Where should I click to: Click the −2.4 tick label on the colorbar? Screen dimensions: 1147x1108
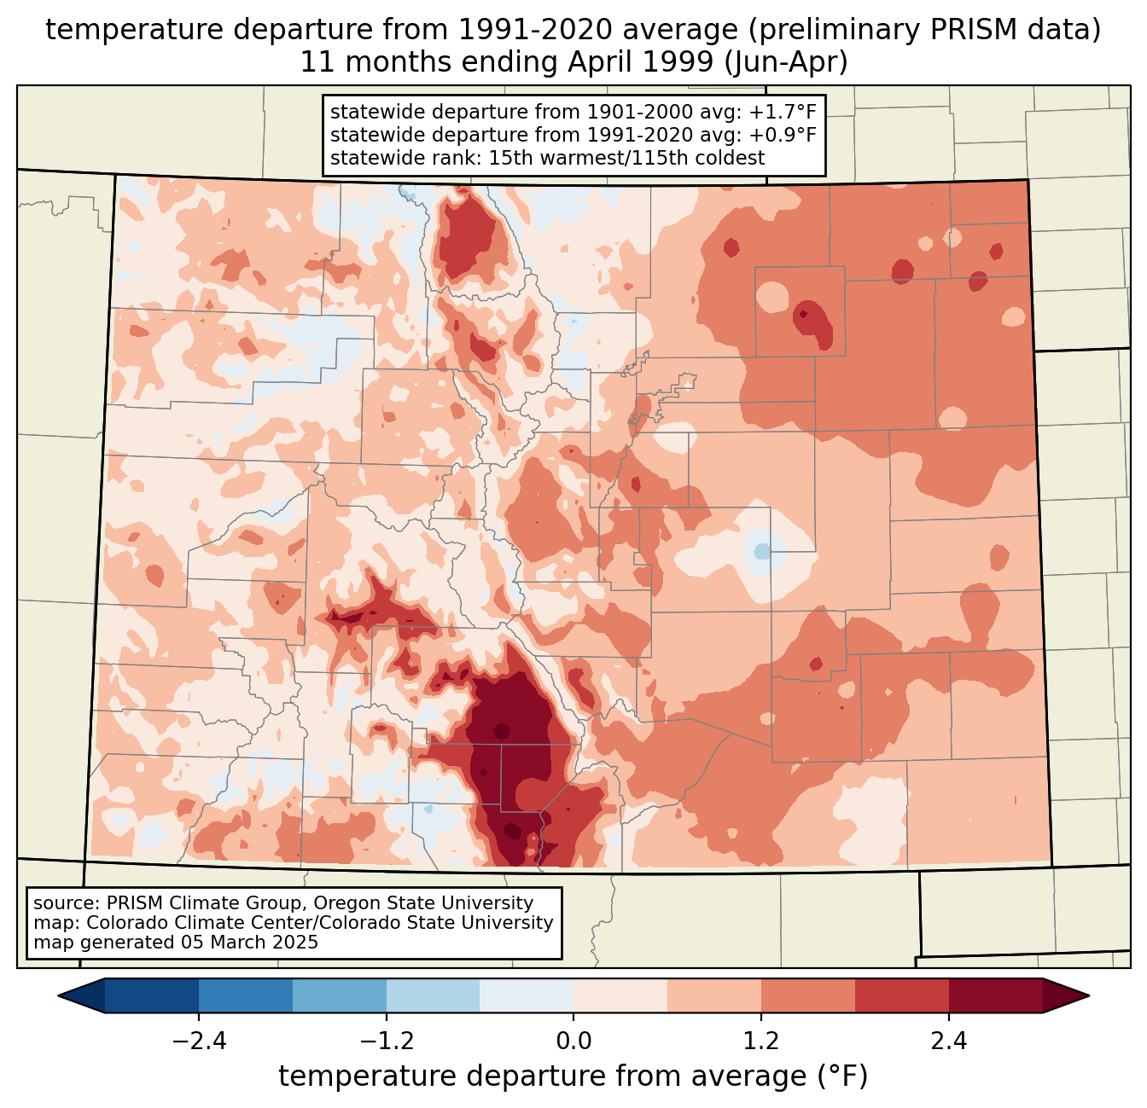coord(199,1041)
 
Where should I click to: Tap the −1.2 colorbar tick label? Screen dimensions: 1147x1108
coord(387,1041)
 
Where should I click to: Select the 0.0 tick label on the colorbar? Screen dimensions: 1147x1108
coord(573,1041)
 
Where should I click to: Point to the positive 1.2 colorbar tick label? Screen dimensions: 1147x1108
coord(761,1041)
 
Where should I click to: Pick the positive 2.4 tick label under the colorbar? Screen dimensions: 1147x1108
coord(949,1041)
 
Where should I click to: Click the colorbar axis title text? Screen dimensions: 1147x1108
coord(573,1076)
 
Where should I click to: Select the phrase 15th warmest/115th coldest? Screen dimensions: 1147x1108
coord(626,158)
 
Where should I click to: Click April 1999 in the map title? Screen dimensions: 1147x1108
coord(641,62)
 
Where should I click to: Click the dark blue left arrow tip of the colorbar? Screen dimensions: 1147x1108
coord(59,996)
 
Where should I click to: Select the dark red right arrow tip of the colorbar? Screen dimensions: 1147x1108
coord(1088,996)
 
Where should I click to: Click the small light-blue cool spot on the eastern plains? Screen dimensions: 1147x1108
coord(761,551)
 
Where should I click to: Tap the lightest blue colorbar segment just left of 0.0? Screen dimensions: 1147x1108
coord(527,996)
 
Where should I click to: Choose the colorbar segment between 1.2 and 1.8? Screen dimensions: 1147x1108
coord(808,996)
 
